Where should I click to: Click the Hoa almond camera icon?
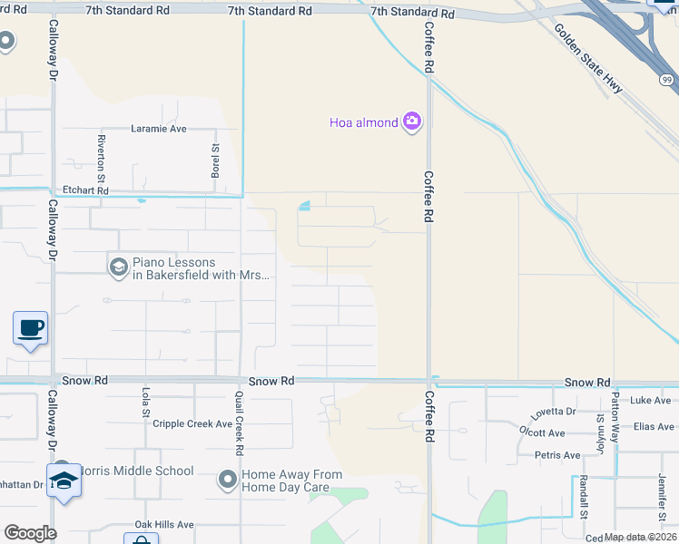[412, 121]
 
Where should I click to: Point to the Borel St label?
[216, 161]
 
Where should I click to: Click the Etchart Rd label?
[85, 191]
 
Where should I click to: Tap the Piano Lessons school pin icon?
[118, 267]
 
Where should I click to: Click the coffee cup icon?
[30, 327]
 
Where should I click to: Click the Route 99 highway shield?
[667, 80]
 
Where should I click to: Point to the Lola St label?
[145, 402]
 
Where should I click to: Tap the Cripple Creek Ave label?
[192, 423]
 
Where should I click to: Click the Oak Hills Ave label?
[164, 524]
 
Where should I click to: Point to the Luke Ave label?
[651, 400]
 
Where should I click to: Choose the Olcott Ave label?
[542, 432]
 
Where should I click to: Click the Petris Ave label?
[557, 455]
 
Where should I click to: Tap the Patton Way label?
[615, 418]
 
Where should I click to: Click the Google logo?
[30, 533]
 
